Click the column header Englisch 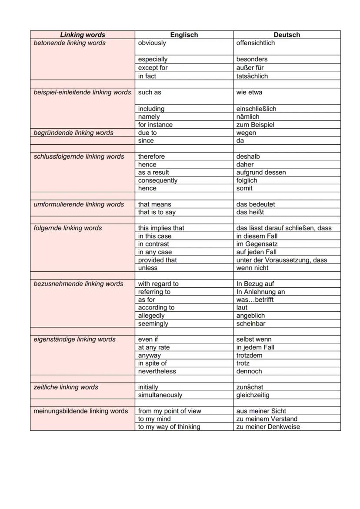184,35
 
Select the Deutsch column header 287,35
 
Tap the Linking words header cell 83,35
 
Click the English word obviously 152,43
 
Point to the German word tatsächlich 252,76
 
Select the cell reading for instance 155,125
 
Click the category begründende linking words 73,133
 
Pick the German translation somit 244,188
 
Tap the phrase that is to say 157,212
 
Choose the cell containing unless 148,268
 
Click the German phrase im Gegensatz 257,244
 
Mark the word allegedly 151,316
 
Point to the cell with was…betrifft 255,299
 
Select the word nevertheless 157,371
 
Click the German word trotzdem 250,355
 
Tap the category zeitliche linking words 66,387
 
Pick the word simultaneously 160,395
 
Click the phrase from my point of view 170,411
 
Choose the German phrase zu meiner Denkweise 268,427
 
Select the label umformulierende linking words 79,204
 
